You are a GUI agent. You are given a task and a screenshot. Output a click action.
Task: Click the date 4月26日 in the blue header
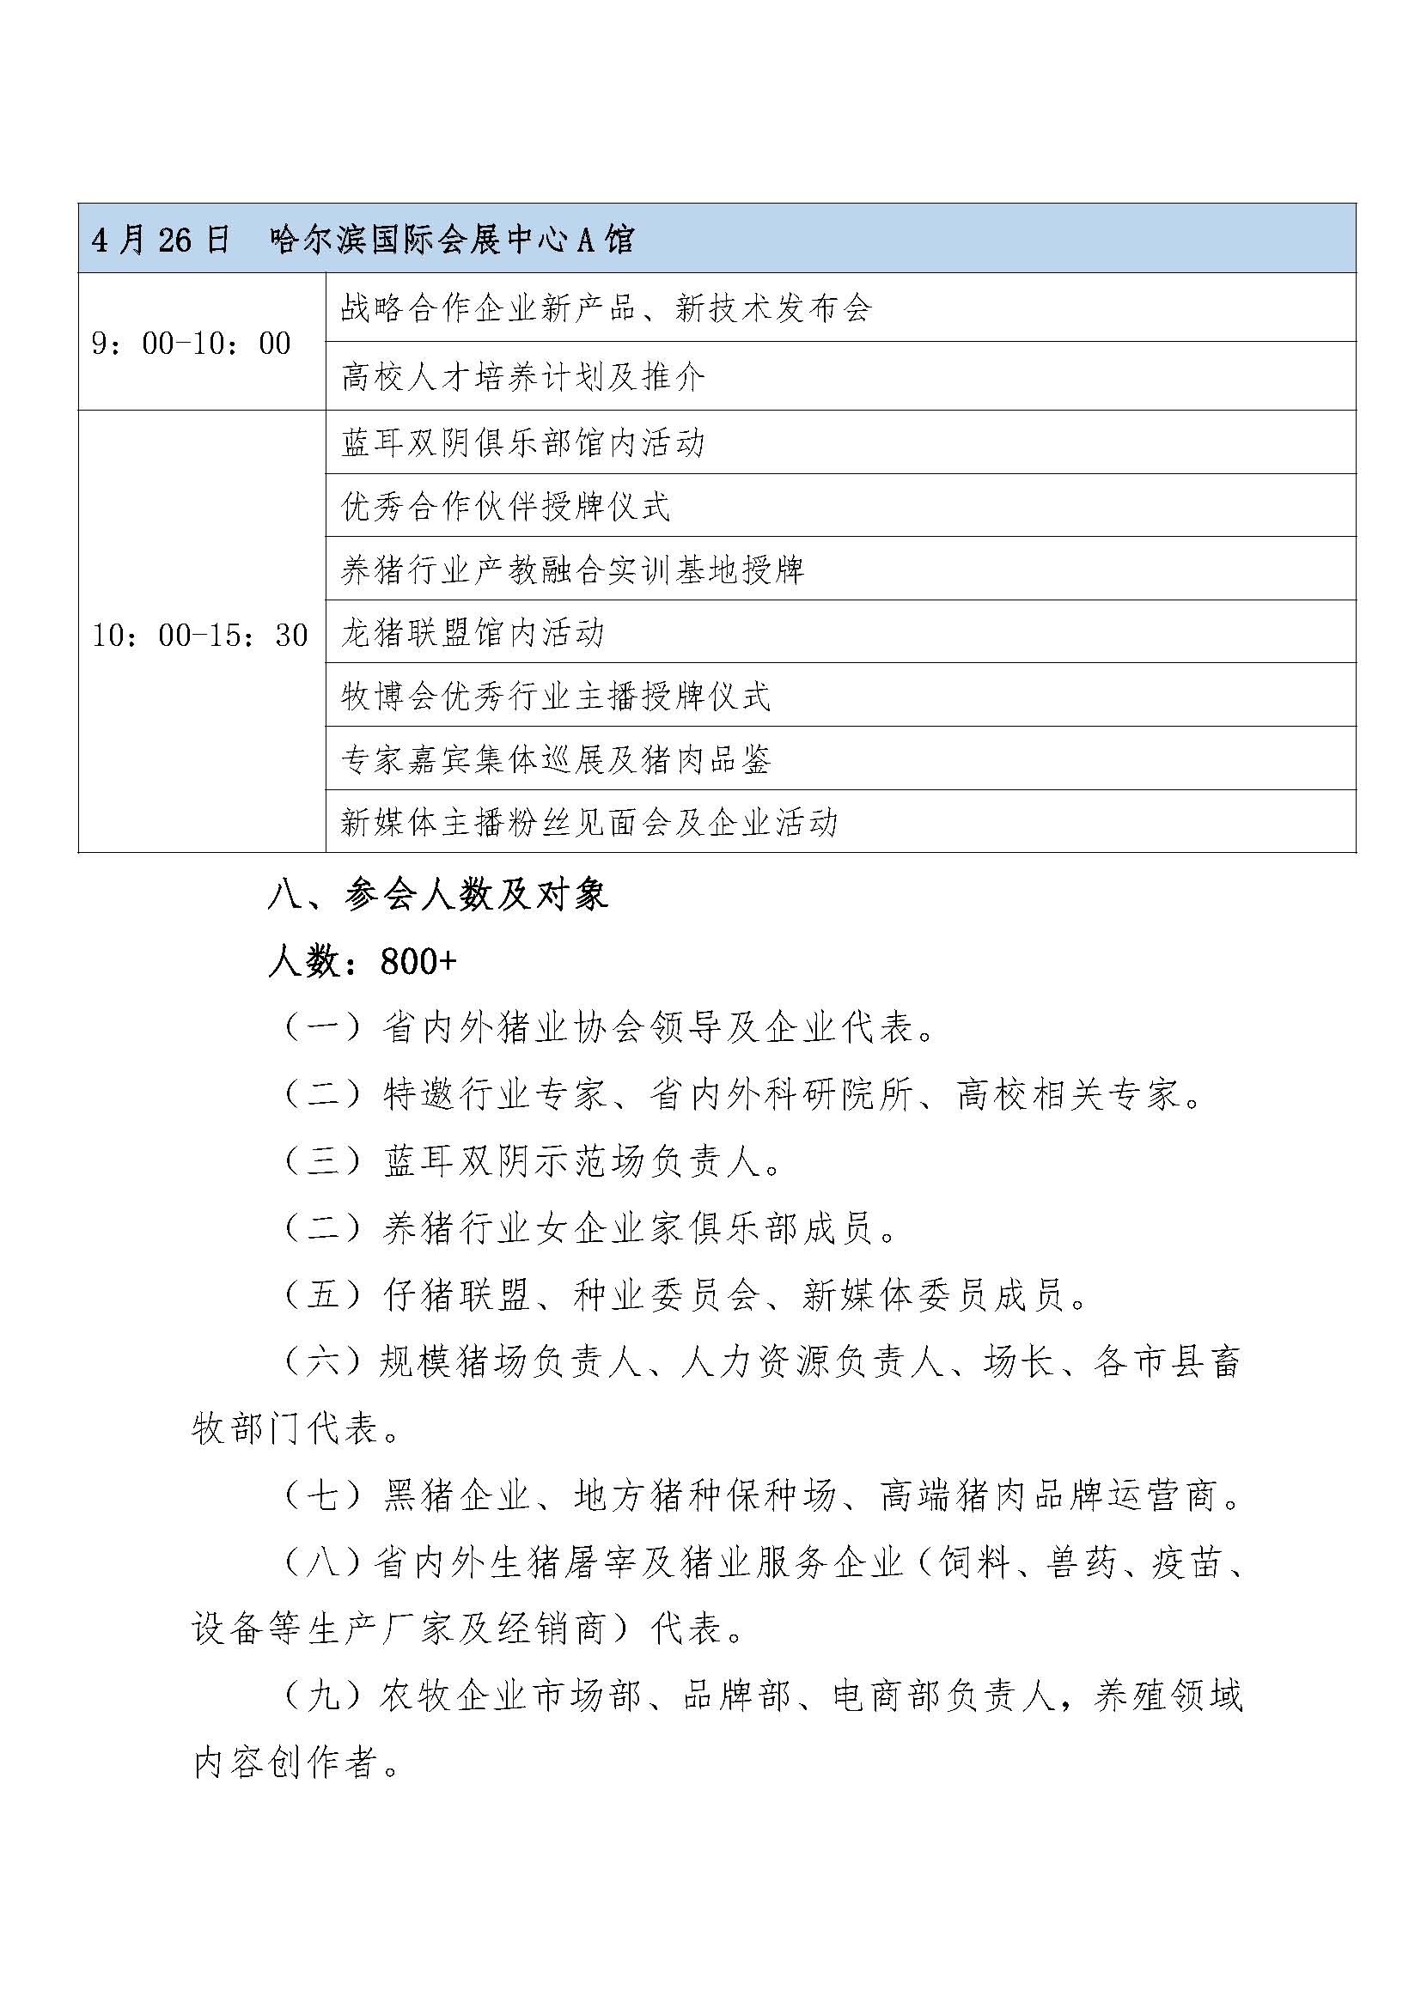[x=160, y=240]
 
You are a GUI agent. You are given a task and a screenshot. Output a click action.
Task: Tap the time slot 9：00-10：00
[x=192, y=343]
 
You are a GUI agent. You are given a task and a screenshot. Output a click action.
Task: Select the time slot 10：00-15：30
[x=200, y=635]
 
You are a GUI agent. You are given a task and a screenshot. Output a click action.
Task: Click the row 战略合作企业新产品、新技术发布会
[x=607, y=308]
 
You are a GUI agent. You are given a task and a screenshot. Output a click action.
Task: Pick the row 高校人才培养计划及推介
[x=522, y=377]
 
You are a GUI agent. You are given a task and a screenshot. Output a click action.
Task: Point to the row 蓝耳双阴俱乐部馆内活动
[x=522, y=442]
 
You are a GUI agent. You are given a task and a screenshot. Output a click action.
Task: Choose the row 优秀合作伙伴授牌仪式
[x=506, y=507]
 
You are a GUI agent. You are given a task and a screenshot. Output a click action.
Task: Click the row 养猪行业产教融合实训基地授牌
[x=572, y=569]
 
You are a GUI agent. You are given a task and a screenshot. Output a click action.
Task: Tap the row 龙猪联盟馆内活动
[x=473, y=633]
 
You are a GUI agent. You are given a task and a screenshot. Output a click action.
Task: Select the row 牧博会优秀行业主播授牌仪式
[x=556, y=697]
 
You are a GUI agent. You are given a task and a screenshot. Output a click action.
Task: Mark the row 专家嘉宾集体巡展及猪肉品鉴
[x=556, y=759]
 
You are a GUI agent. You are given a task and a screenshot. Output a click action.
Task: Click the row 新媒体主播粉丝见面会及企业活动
[x=589, y=823]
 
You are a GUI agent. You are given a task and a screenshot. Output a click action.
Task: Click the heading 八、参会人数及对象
[x=437, y=895]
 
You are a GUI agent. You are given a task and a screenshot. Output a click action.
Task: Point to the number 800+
[x=419, y=962]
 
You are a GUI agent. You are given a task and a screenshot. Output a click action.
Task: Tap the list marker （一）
[x=322, y=1028]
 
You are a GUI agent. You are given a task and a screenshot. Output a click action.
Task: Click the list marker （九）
[x=322, y=1696]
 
